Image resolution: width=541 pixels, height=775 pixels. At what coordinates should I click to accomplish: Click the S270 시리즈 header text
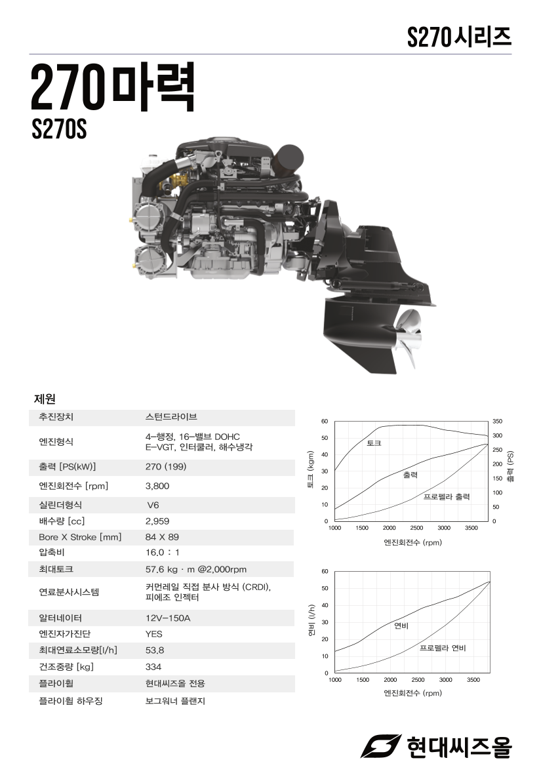(459, 37)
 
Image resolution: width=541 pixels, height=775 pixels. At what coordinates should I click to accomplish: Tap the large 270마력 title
(113, 87)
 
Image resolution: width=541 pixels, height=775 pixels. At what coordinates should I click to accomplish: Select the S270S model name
(59, 129)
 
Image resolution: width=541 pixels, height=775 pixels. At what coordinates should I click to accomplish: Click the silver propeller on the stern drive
(408, 338)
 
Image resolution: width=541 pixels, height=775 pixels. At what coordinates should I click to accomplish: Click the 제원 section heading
(45, 399)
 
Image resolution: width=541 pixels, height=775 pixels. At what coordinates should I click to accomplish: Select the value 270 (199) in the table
(166, 467)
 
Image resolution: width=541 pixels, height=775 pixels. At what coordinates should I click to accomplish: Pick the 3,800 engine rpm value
(157, 486)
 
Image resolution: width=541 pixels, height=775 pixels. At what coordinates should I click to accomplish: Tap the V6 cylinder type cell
(153, 505)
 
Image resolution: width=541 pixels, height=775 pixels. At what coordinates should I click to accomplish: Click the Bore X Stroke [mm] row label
(80, 537)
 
